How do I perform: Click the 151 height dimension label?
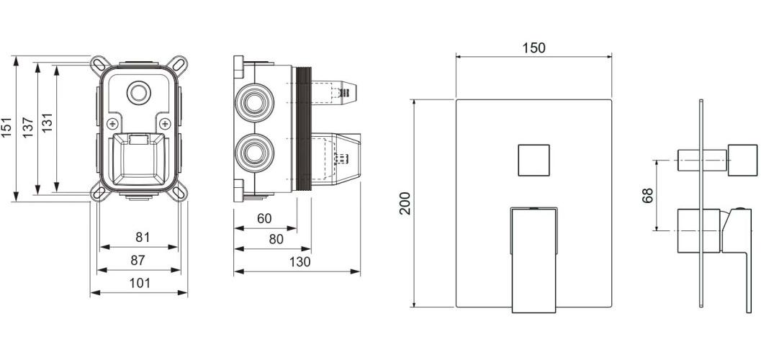click(6, 128)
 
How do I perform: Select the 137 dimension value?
click(28, 128)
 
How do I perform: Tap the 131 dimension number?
click(47, 123)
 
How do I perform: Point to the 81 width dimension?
click(143, 238)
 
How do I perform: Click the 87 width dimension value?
click(138, 261)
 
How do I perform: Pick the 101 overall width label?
click(140, 284)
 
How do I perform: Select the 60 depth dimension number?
click(264, 219)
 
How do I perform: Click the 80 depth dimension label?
click(276, 240)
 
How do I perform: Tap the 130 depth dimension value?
click(300, 262)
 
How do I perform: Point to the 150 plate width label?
click(534, 48)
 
